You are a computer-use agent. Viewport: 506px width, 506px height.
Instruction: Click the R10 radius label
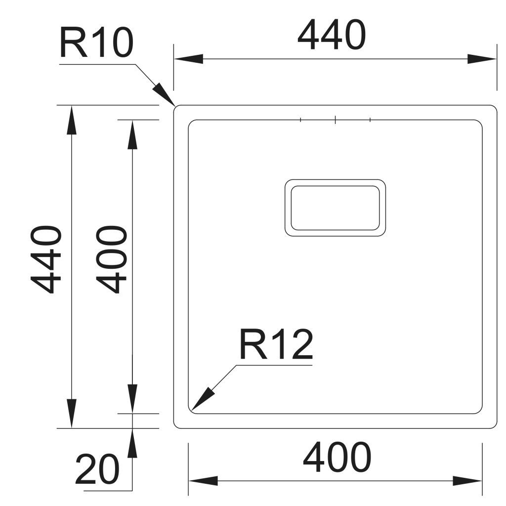[96, 43]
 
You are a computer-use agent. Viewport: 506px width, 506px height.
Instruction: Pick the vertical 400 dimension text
[111, 260]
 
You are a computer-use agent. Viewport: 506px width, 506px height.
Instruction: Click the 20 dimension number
[97, 469]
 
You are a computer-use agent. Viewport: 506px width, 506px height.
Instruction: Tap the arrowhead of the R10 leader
[164, 93]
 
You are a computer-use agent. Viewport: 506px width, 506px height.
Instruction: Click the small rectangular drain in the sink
[335, 208]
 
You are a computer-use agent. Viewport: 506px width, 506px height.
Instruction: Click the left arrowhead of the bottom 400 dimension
[203, 480]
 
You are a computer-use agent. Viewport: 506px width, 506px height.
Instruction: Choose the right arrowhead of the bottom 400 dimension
[467, 480]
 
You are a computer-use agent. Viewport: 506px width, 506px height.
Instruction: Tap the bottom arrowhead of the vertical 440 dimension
[72, 413]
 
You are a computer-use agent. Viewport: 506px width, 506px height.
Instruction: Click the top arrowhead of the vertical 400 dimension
[132, 134]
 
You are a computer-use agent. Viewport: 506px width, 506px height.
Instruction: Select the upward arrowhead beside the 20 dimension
[132, 443]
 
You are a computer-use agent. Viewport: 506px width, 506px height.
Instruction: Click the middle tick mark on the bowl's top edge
[335, 120]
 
